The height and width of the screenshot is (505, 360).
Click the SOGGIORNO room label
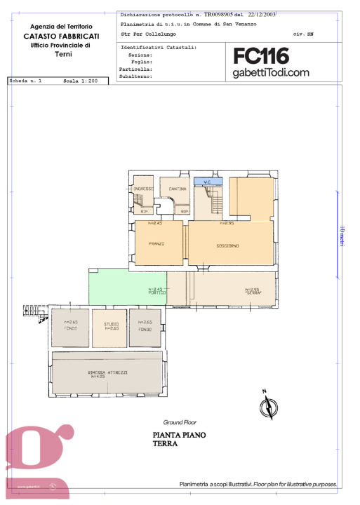[227, 245]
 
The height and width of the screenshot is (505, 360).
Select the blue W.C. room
[208, 182]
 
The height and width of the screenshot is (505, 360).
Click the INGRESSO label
[144, 189]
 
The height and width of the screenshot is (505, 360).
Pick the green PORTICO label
[156, 292]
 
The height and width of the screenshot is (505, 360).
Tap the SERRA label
[253, 292]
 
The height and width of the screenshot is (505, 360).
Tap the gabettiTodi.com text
[271, 72]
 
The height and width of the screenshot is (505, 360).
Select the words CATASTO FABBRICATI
[61, 35]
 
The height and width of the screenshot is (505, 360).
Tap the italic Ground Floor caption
[180, 422]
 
